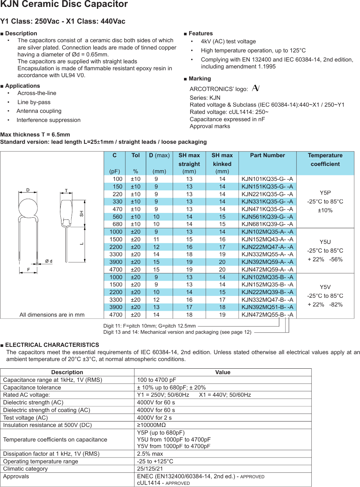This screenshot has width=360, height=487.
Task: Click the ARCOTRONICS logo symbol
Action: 256,88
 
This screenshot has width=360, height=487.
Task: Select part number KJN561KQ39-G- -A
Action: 267,217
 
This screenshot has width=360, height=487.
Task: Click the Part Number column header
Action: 267,155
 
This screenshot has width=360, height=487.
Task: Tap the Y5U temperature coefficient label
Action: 325,242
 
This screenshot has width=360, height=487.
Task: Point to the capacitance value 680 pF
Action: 117,224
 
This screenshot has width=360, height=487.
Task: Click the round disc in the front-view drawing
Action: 28,208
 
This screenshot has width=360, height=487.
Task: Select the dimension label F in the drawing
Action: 28,270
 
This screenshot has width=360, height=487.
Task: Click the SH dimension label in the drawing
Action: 81,214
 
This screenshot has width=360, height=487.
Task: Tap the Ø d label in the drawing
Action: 49,261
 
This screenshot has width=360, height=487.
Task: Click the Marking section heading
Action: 200,79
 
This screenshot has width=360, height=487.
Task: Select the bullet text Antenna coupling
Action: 39,111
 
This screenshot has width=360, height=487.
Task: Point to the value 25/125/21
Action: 150,469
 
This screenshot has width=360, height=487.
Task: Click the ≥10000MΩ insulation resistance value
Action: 151,425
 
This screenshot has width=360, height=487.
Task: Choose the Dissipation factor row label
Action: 51,454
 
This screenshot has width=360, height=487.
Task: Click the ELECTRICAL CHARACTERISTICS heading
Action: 52,345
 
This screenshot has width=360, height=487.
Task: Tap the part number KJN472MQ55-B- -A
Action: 267,315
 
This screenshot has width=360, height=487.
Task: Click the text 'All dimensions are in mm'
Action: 52,315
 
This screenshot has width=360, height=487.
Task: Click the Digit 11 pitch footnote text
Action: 149,326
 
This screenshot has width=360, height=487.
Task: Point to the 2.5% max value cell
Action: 150,454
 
